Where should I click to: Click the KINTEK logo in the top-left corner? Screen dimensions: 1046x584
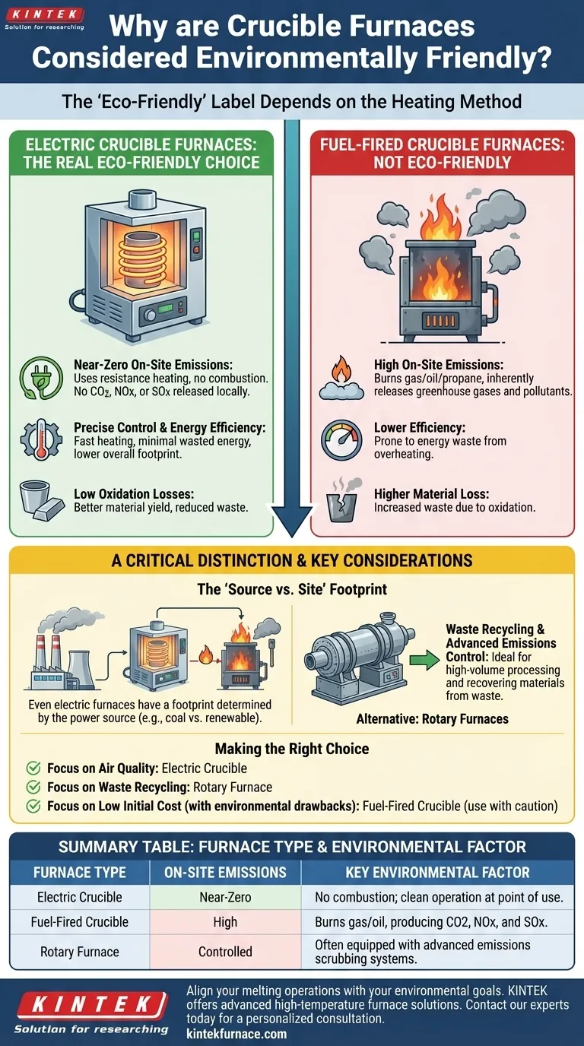coord(43,17)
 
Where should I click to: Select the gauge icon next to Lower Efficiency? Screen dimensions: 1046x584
coord(341,440)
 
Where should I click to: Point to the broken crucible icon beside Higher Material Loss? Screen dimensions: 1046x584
coord(341,502)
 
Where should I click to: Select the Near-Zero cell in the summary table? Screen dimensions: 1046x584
coord(225,897)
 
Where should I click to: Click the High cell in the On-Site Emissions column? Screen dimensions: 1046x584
coord(225,922)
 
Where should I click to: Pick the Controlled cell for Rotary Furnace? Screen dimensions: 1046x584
coord(225,952)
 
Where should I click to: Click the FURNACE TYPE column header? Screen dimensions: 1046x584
coord(80,872)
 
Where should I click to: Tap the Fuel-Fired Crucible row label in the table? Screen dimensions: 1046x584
coord(80,922)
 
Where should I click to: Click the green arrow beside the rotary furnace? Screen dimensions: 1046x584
coord(423,659)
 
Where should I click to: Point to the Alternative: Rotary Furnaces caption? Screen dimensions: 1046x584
coord(432,718)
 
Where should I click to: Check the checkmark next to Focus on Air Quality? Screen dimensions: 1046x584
coord(33,769)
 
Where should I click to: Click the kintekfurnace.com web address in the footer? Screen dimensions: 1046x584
coord(236,1033)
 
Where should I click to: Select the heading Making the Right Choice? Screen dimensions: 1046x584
coord(292,749)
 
